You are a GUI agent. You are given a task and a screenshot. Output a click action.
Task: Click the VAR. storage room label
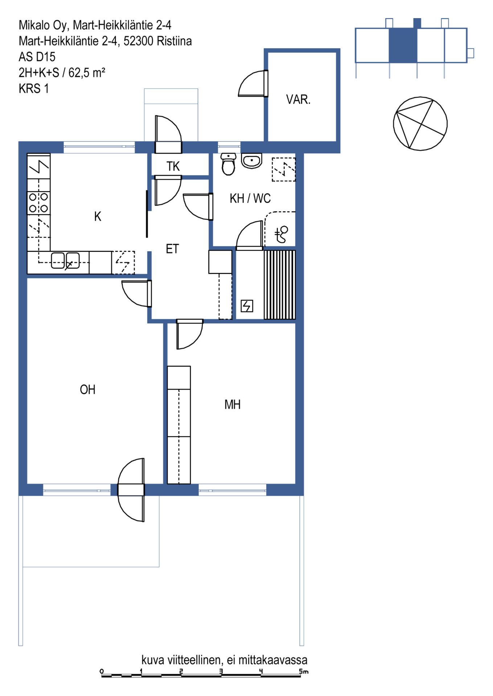[x=298, y=99]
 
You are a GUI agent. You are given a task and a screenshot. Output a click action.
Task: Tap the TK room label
[x=173, y=166]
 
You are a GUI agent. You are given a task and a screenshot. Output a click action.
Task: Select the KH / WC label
[x=250, y=198]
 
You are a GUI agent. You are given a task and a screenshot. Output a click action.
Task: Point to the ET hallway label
[x=172, y=249]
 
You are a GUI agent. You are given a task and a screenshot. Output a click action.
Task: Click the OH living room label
[x=87, y=390]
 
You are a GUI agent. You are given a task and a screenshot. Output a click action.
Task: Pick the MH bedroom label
[x=233, y=405]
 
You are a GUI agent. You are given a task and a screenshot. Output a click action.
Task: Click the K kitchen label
[x=98, y=216]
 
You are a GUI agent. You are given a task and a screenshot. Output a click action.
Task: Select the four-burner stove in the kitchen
[x=38, y=203]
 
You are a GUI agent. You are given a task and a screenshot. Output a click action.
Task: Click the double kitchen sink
[x=65, y=260]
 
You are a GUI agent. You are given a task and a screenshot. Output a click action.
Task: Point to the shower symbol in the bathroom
[x=281, y=234]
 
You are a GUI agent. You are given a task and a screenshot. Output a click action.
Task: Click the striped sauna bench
[x=280, y=285]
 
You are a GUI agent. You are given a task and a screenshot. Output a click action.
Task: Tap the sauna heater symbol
[x=247, y=306]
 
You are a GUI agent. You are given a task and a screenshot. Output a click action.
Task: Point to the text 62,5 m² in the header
[x=87, y=73]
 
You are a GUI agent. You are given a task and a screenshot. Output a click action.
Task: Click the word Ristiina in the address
[x=174, y=41]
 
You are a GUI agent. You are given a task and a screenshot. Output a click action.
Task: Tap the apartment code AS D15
[x=37, y=57]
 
